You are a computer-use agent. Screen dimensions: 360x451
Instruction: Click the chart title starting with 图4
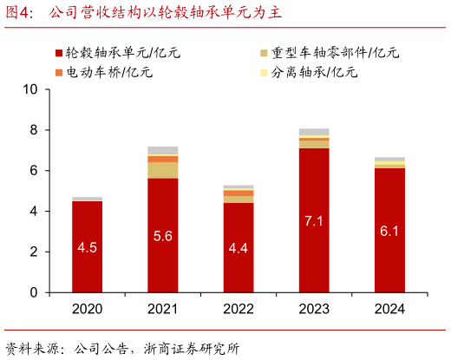[x=143, y=14]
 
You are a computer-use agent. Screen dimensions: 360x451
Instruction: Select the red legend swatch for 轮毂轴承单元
[x=58, y=53]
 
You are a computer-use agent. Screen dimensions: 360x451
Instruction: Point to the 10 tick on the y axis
[x=30, y=89]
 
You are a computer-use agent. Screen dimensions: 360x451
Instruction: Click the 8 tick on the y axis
[x=34, y=130]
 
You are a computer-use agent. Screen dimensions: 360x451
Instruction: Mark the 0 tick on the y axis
[x=34, y=292]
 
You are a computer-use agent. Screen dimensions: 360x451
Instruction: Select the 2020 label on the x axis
[x=87, y=309]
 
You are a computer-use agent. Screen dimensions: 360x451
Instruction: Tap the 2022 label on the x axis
[x=239, y=309]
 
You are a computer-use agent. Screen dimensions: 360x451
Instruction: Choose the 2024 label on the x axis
[x=389, y=309]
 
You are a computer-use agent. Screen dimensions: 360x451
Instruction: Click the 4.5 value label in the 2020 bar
[x=87, y=247]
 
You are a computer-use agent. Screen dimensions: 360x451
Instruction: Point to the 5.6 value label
[x=162, y=236]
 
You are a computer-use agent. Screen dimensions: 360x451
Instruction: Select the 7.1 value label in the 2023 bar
[x=314, y=220]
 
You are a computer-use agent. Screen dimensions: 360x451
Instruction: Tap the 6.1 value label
[x=389, y=231]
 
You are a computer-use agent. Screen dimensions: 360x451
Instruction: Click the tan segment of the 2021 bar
[x=162, y=170]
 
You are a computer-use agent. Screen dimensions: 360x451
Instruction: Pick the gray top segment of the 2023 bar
[x=314, y=132]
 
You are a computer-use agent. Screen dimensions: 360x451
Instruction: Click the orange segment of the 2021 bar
[x=162, y=159]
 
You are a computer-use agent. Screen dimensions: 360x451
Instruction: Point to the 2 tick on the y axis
[x=34, y=252]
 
